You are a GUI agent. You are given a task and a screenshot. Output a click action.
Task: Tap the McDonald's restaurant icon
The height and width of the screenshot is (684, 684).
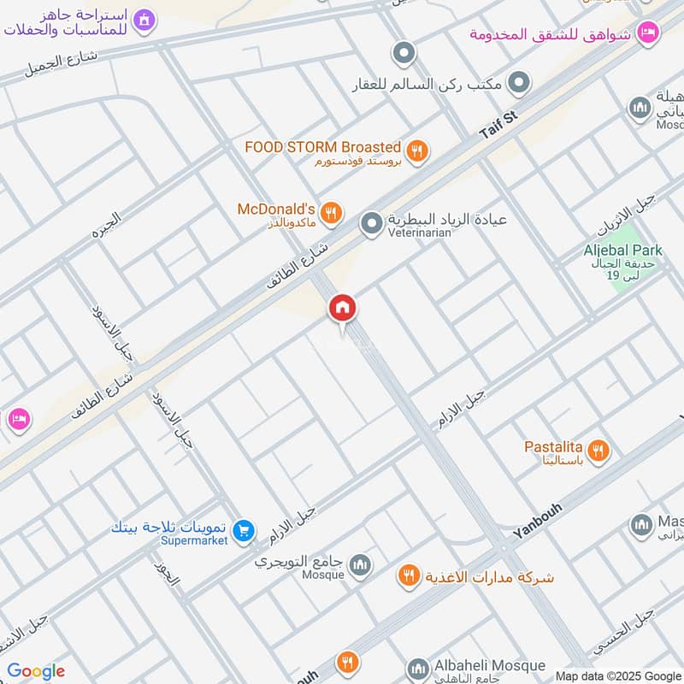333,211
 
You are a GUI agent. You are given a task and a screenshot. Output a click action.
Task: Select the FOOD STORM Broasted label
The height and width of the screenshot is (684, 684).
322,147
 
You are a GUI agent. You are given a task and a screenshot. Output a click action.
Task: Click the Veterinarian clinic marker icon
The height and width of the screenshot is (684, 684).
371,225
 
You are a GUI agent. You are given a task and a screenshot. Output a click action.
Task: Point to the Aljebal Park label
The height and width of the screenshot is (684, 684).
622,251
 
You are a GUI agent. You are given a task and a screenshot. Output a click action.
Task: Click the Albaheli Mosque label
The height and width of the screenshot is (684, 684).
488,665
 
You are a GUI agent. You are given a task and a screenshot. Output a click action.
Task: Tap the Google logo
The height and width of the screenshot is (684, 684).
36,672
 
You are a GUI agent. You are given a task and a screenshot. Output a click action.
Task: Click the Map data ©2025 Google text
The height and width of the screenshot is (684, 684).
617,675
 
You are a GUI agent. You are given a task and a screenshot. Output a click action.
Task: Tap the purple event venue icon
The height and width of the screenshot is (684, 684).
145,18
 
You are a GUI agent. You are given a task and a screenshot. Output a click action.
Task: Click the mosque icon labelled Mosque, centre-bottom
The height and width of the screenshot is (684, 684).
361,564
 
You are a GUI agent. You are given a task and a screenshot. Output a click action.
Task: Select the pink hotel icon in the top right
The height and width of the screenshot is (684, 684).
648,32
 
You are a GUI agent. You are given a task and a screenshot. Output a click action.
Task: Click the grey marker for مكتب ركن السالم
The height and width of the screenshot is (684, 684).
518,85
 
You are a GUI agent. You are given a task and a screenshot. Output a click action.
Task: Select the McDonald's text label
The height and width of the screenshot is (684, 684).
276,209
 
